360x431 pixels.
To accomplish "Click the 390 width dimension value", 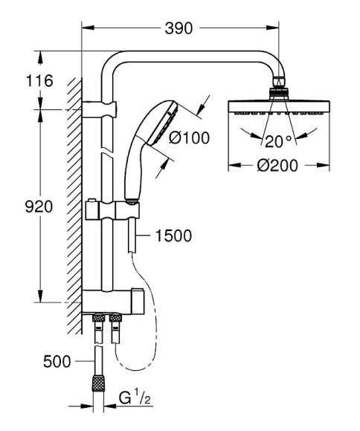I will click(179, 28).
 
